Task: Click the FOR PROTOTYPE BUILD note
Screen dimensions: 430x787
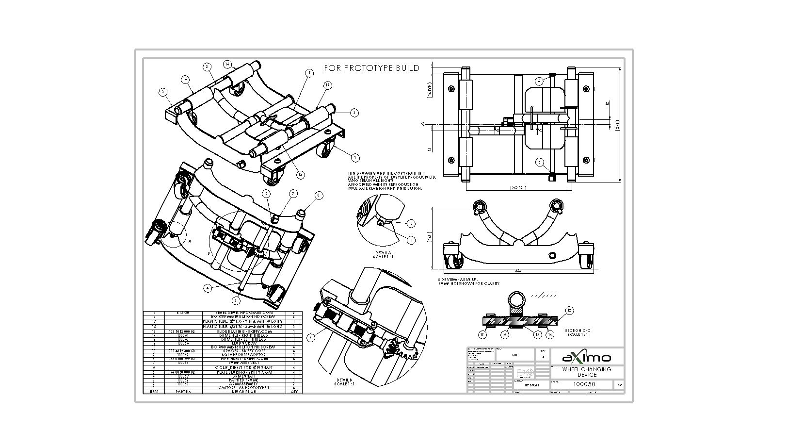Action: (371, 68)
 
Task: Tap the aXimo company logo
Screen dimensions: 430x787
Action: (587, 358)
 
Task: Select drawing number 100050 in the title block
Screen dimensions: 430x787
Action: (584, 384)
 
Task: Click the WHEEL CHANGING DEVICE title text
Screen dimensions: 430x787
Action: (586, 372)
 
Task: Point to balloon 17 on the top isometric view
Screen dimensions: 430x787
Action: (328, 85)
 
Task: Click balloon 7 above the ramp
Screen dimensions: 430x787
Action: (309, 73)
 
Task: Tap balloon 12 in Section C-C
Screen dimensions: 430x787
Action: (569, 310)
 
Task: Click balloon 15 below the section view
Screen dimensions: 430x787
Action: (537, 334)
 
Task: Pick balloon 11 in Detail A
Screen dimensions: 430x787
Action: (411, 240)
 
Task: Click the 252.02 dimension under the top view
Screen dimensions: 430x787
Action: (518, 188)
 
